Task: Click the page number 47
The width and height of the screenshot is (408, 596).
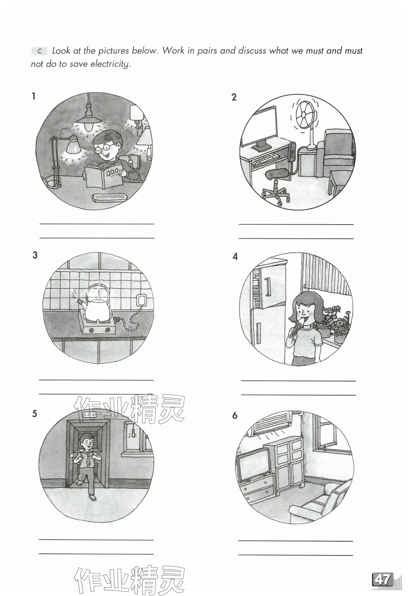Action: click(x=382, y=572)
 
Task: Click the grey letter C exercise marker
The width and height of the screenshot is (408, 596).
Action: click(x=39, y=51)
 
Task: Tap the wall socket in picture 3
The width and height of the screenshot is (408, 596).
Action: click(x=141, y=301)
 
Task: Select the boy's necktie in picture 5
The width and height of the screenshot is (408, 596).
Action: click(x=88, y=461)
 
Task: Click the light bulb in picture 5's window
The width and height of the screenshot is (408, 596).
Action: click(x=133, y=438)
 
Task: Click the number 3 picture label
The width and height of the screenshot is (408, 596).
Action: click(x=35, y=255)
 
